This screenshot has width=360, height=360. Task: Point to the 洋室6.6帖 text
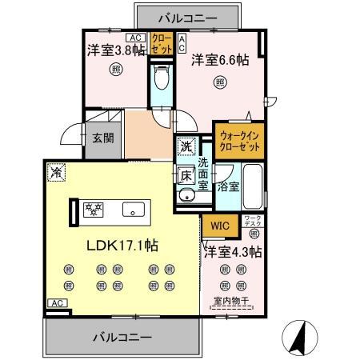click(219, 59)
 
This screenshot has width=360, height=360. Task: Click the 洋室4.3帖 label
click(233, 251)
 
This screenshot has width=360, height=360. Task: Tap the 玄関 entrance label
click(102, 138)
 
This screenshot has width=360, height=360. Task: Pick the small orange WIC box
click(222, 226)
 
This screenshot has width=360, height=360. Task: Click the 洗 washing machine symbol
click(186, 147)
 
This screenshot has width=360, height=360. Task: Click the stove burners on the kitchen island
click(95, 210)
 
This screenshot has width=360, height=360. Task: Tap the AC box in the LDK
click(56, 303)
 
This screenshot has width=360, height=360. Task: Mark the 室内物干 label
click(233, 302)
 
